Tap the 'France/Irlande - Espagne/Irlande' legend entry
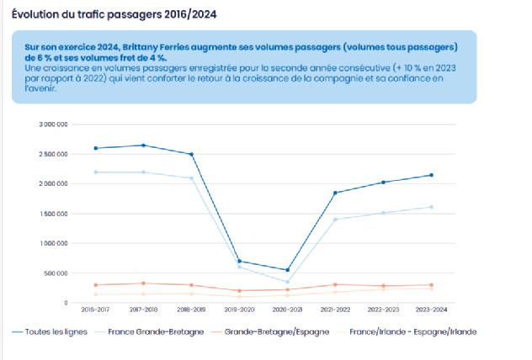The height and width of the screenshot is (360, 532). pos(412,332)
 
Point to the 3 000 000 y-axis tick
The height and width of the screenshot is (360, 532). pos(53,124)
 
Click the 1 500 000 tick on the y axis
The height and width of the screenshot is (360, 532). pos(53,214)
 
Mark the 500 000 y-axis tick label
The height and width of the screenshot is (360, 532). pos(56,273)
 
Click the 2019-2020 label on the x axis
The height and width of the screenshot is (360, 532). pos(240,310)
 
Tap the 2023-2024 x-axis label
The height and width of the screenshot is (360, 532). pos(431,310)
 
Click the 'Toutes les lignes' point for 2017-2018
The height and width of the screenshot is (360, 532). pos(143,146)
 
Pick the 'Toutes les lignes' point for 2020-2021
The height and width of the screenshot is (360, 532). pos(288,270)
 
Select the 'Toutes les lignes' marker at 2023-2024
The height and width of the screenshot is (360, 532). pos(431,175)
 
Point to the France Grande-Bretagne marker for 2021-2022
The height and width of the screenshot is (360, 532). pos(336,220)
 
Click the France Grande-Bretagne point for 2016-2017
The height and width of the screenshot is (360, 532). pos(95,172)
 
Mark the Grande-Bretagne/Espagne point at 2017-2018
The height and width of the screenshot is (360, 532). pos(143,283)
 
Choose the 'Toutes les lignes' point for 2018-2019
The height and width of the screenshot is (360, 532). pos(192,154)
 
